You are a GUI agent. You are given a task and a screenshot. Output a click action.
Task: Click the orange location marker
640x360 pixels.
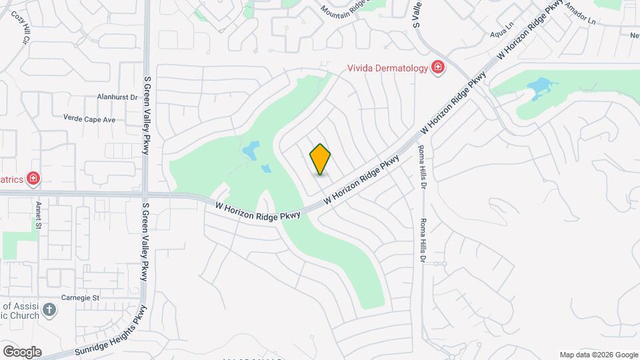tap(321, 159)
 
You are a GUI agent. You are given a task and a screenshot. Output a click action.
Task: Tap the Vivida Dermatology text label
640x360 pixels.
tap(387, 67)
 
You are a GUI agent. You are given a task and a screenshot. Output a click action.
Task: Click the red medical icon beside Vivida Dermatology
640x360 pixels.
tap(437, 67)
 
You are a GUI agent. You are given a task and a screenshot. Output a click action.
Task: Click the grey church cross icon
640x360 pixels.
tap(49, 309)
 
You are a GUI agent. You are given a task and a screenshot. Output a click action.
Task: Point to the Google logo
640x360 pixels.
tap(21, 351)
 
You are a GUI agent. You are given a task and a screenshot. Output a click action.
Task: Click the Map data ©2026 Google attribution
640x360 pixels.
tap(598, 355)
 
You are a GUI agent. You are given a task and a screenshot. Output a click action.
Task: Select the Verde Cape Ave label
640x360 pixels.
tap(89, 119)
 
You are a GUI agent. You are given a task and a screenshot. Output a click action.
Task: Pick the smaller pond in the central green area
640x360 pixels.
tap(266, 168)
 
